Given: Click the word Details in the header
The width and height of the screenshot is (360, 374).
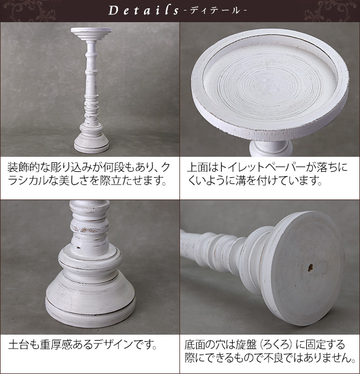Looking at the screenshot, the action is click(x=143, y=11).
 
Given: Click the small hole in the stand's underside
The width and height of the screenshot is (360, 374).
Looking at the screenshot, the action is click(x=310, y=268).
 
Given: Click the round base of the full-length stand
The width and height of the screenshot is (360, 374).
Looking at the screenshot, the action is click(x=91, y=142).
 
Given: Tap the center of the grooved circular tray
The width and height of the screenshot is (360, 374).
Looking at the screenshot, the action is click(x=270, y=83).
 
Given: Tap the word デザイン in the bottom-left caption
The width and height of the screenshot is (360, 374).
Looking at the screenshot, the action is click(x=112, y=345).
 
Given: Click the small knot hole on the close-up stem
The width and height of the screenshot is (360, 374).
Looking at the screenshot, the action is click(x=78, y=247).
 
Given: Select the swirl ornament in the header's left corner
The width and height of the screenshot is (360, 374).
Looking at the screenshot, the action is click(x=29, y=11).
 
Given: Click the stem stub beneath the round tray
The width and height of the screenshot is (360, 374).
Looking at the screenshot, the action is click(x=271, y=148).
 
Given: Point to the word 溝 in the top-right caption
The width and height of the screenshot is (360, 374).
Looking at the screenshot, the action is click(x=241, y=181).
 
